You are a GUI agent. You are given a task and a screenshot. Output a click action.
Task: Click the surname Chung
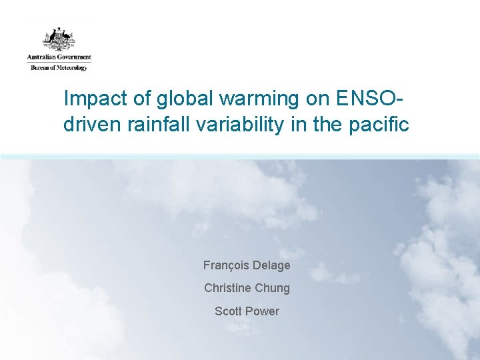[x=272, y=288]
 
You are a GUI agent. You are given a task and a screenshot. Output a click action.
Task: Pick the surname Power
[x=263, y=311]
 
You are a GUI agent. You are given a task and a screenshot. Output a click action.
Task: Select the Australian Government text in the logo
[x=59, y=57]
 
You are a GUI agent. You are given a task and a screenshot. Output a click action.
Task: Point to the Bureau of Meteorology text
[x=59, y=67]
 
